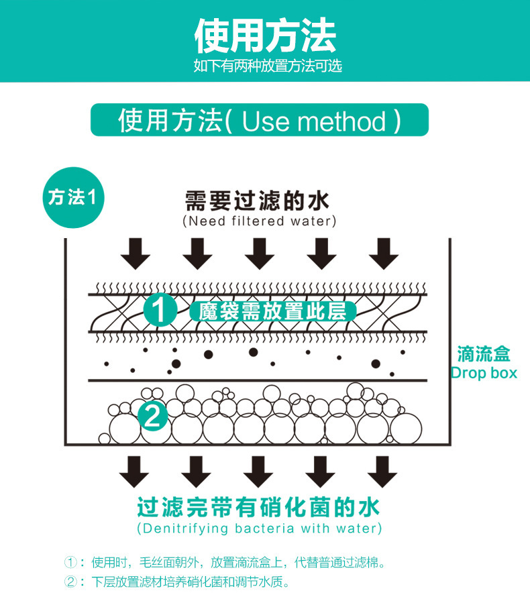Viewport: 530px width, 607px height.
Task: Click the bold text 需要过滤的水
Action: click(258, 201)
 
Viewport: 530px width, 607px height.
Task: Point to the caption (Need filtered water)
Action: click(259, 221)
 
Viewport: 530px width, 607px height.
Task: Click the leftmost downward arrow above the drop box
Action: click(135, 252)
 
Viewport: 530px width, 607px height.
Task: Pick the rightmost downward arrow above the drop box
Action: click(384, 252)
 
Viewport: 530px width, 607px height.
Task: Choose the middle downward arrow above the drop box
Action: click(259, 252)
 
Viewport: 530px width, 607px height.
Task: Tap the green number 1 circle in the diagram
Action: click(160, 310)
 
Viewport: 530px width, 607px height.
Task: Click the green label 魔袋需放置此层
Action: click(272, 311)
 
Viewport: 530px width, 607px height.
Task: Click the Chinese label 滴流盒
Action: click(483, 353)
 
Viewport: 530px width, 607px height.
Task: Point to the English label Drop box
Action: click(483, 372)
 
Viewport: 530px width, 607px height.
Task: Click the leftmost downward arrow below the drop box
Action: click(135, 471)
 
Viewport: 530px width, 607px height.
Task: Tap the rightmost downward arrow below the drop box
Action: click(382, 471)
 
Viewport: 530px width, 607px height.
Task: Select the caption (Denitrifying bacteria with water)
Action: click(259, 529)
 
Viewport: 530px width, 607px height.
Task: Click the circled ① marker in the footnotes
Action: click(70, 562)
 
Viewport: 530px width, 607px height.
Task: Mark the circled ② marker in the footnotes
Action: click(70, 582)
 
